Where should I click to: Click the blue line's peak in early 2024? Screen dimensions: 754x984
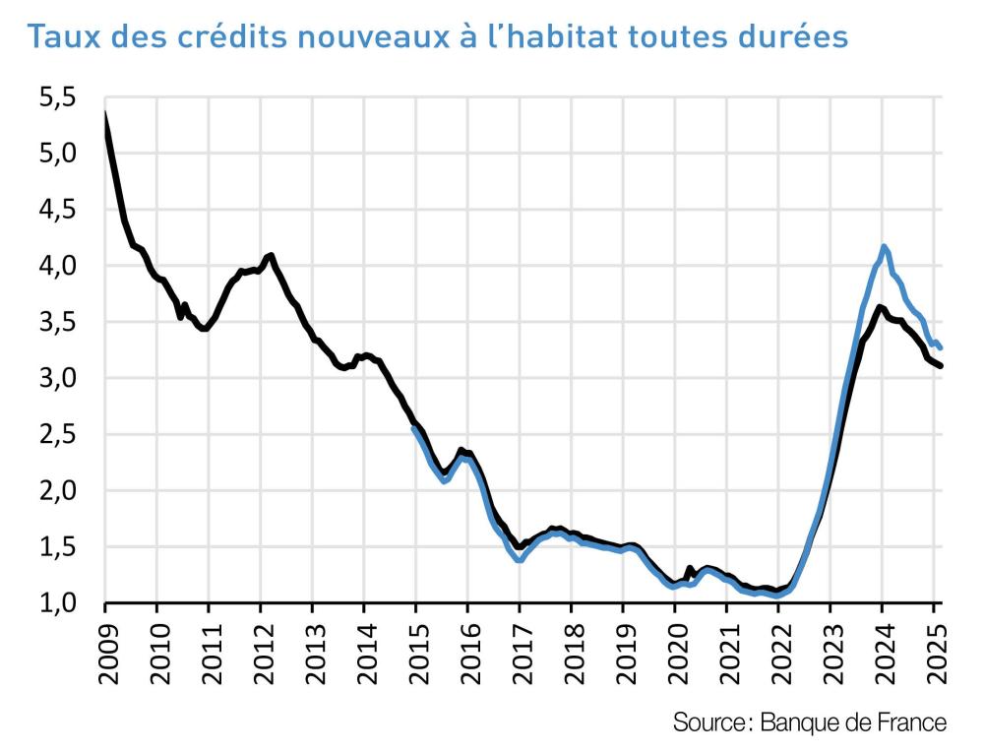tap(885, 246)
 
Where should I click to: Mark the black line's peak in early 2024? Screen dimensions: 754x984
tap(881, 306)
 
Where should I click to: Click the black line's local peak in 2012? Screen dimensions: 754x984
tap(271, 255)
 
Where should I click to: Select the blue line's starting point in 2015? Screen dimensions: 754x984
tap(414, 429)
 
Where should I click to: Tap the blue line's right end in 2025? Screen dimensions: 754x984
tap(941, 347)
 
